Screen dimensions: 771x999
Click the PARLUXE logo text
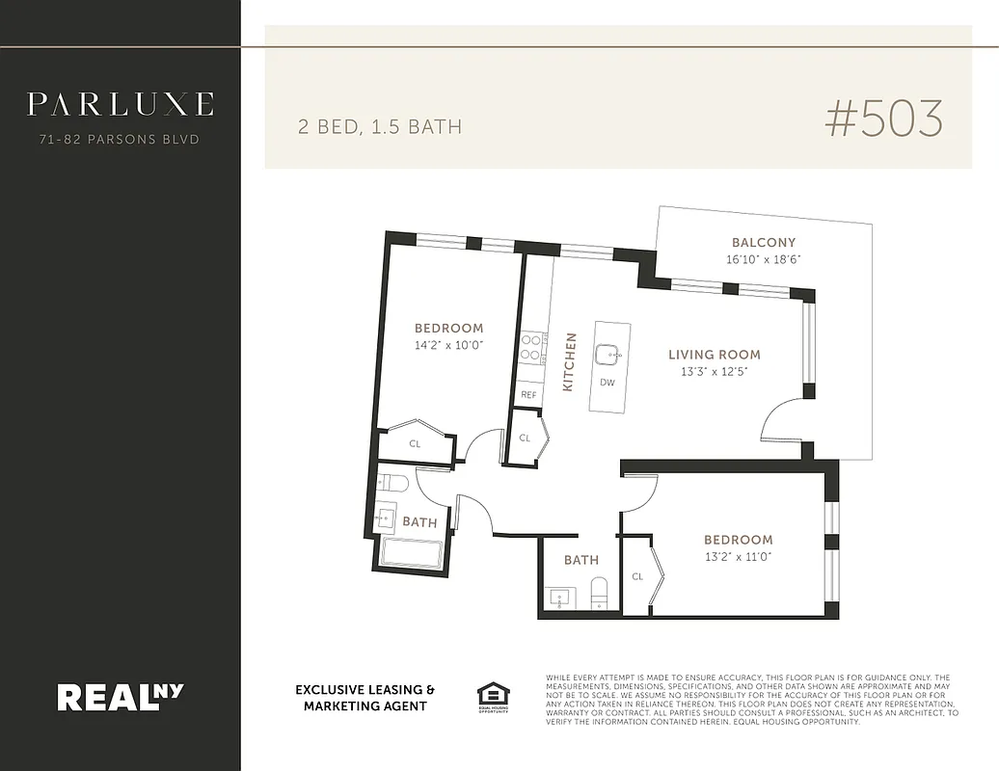(120, 104)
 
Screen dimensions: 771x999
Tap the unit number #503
(883, 119)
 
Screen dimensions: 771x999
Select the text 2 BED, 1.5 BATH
(379, 126)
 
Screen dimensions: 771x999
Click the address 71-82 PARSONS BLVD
(120, 140)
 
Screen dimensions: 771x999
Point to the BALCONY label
(764, 243)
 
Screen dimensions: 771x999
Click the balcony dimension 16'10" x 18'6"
(764, 259)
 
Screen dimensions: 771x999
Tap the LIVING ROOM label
(714, 355)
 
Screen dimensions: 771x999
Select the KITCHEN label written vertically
(569, 361)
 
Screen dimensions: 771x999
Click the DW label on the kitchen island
(607, 383)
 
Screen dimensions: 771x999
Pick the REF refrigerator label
(528, 395)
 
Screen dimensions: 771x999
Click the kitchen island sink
(607, 355)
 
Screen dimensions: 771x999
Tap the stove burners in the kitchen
(531, 347)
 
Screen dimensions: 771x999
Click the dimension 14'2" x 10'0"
(448, 344)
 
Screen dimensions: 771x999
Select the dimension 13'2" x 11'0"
(738, 556)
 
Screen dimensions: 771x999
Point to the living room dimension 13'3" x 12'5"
(714, 371)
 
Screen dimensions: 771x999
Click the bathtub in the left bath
(412, 554)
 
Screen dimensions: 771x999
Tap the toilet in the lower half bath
(599, 593)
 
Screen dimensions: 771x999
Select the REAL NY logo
(120, 696)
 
